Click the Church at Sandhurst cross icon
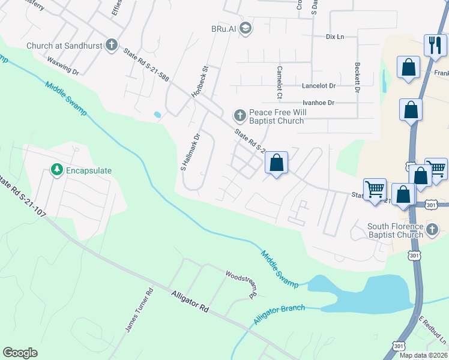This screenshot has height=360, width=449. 111,45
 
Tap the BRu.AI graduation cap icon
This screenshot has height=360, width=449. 245,28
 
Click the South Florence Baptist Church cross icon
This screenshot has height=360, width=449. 432,229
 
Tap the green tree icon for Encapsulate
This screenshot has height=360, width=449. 57,170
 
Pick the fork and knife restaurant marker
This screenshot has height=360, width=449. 435,44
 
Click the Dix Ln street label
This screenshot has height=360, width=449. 335,37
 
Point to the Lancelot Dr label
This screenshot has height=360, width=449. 319,86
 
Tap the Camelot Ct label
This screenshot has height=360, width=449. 279,82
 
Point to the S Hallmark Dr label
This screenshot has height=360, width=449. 190,152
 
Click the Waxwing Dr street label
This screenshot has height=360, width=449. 63,66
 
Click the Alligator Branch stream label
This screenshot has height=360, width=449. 279,314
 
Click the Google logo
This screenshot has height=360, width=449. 20,352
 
